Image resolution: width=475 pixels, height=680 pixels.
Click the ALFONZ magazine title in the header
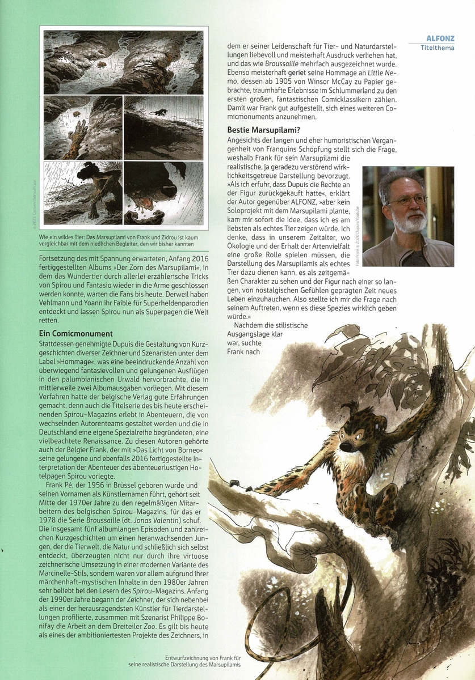click(x=440, y=39)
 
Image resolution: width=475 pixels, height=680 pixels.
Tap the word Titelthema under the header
click(x=437, y=48)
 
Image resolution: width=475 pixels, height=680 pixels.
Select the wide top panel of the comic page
click(x=123, y=62)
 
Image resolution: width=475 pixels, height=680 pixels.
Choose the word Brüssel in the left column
click(x=141, y=485)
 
